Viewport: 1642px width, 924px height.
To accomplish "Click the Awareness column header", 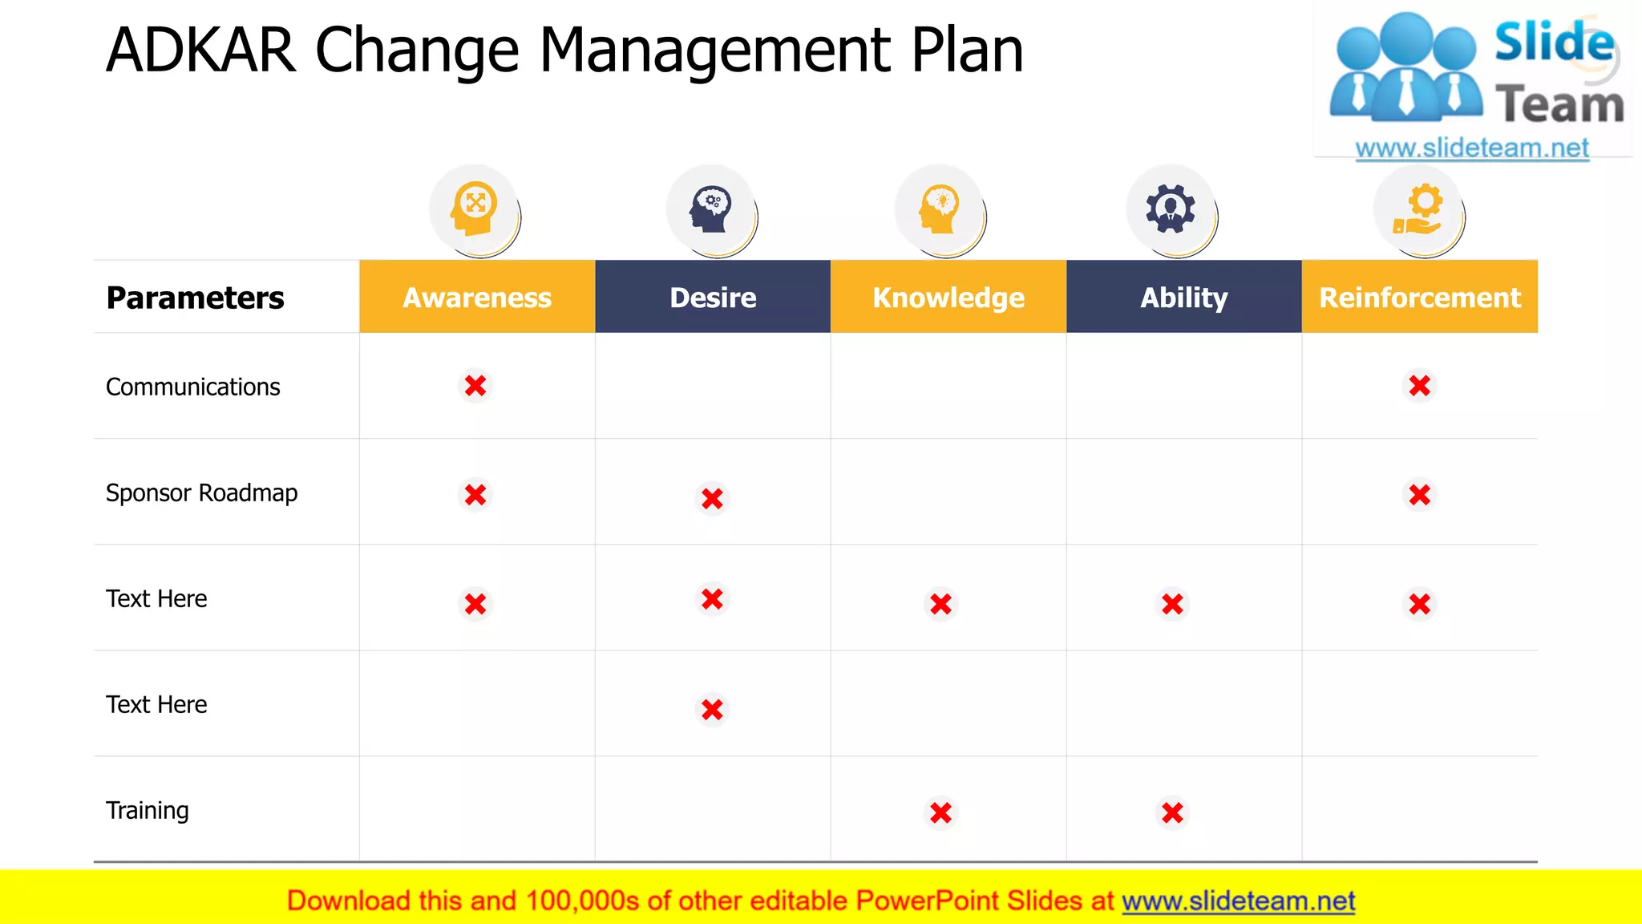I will point(477,298).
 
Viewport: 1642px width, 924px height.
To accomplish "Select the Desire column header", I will point(713,298).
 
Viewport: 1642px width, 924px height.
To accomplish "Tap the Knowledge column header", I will point(948,298).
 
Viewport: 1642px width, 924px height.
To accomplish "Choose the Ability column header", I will point(1183,298).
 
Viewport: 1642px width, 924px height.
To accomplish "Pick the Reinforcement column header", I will point(1420,298).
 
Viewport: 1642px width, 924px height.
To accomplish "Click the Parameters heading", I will point(195,298).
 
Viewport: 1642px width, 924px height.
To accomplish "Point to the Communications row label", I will point(193,387).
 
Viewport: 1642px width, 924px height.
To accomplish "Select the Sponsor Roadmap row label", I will point(201,492).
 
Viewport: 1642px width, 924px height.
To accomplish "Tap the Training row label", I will point(148,810).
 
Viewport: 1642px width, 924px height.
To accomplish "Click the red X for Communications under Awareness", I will point(475,386).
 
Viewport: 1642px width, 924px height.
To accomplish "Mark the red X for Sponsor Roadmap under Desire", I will point(712,499).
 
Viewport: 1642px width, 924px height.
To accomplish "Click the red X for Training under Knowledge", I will point(941,813).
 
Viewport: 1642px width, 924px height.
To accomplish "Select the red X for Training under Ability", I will point(1172,813).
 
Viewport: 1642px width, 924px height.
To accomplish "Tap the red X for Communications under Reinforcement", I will point(1420,386).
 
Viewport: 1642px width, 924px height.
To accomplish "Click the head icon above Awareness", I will point(474,209).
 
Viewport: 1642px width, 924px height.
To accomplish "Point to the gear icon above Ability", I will point(1171,209).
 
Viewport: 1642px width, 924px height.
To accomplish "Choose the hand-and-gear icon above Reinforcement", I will point(1418,209).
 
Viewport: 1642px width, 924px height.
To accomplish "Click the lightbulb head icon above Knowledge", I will point(940,209).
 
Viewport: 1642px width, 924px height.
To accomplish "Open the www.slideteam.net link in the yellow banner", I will point(1238,901).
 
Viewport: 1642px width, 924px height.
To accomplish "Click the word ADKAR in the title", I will point(200,50).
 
